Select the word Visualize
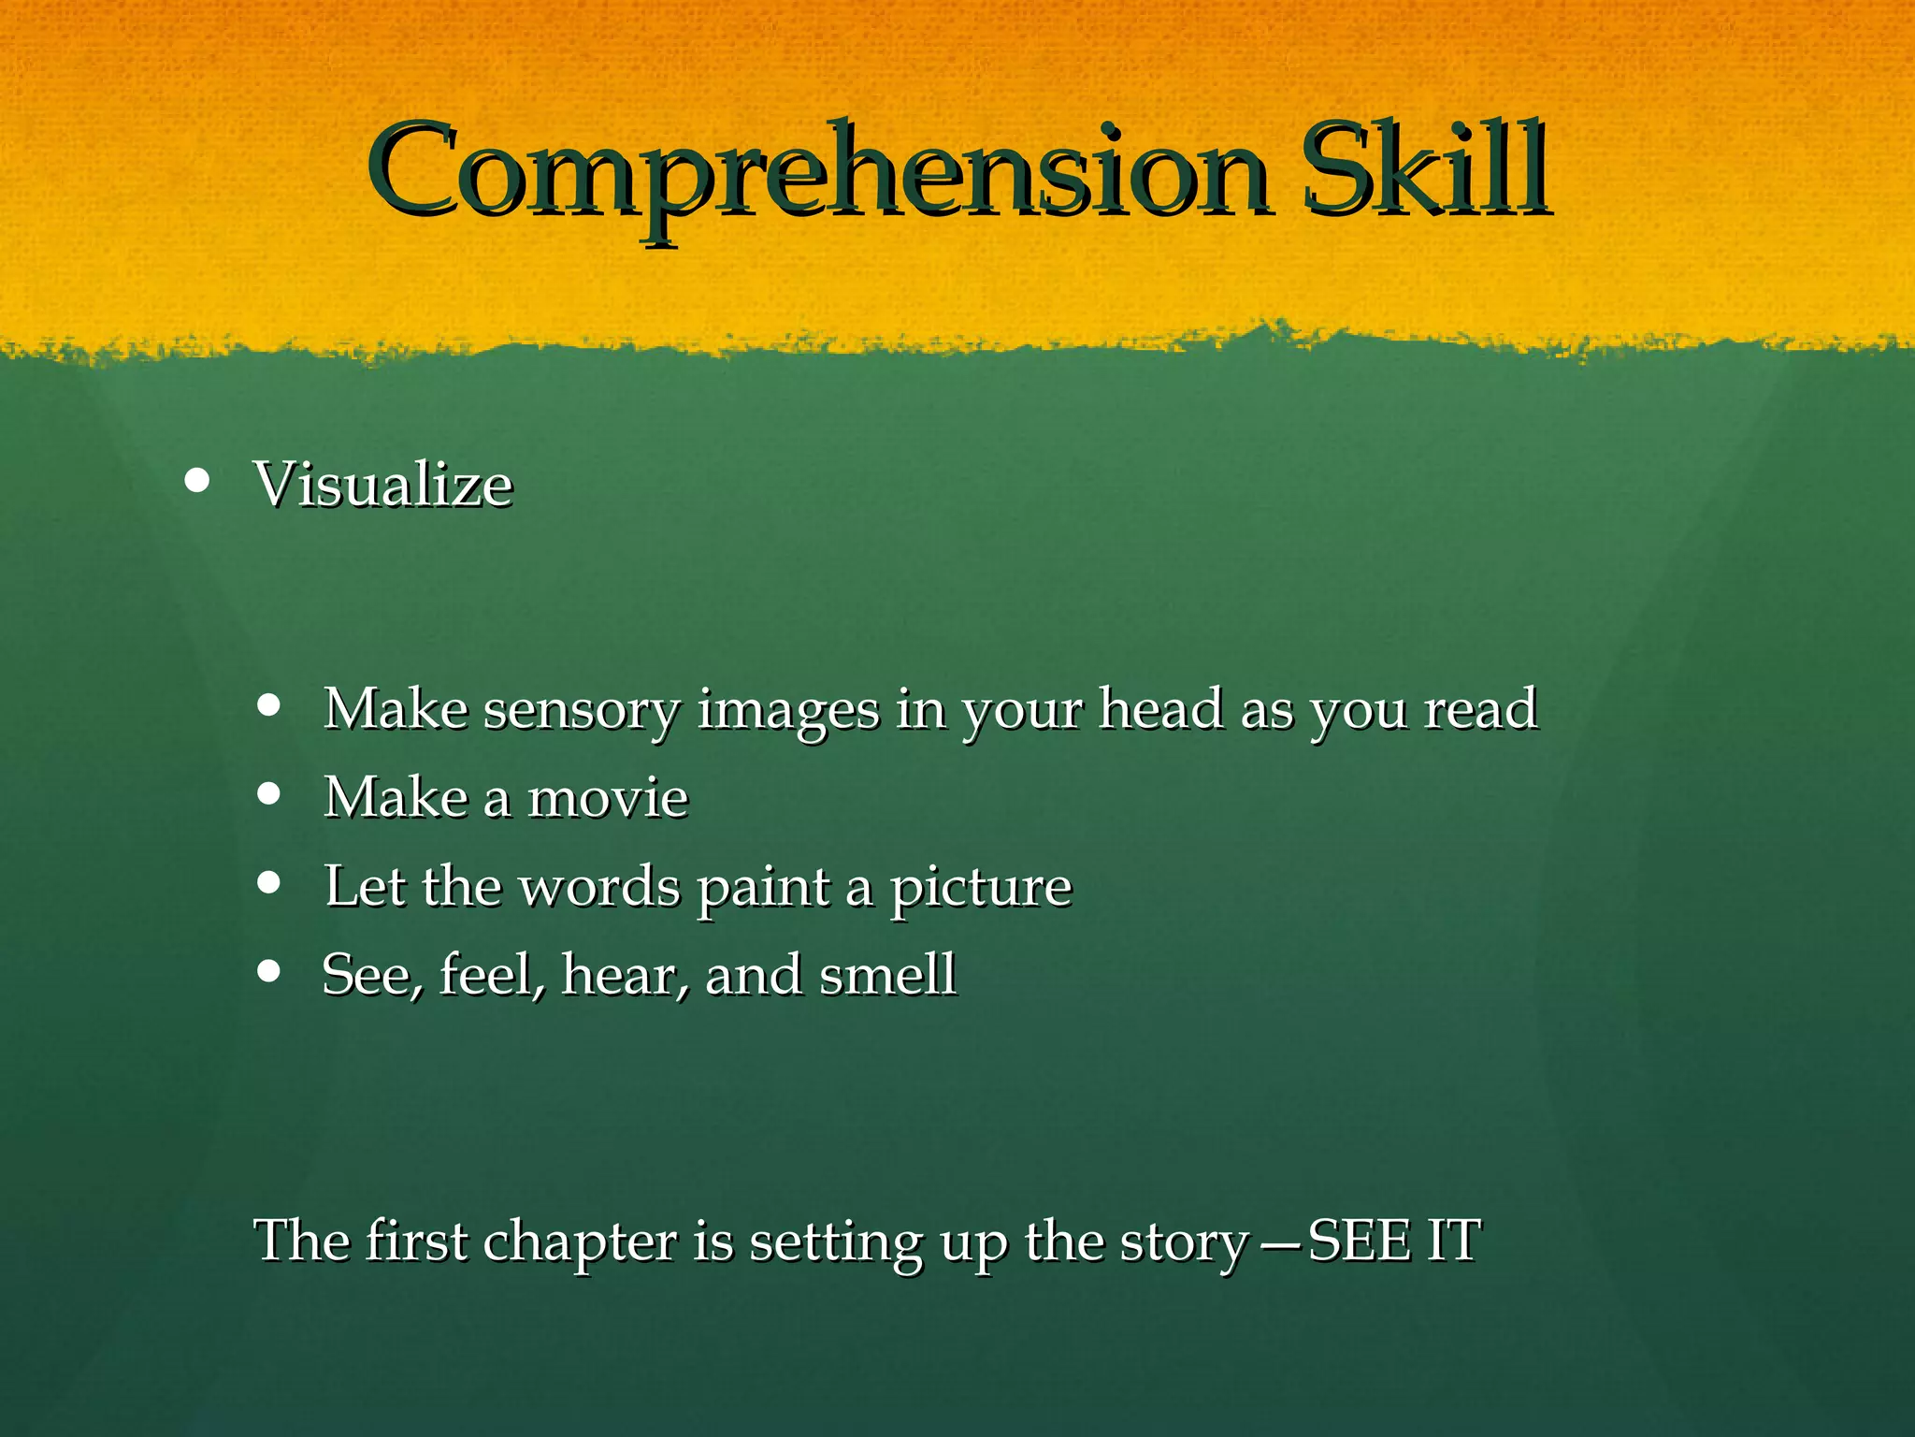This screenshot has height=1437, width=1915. point(383,486)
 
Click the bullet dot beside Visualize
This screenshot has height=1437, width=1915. point(196,481)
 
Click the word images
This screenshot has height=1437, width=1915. point(788,710)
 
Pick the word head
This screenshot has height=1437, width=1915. point(1160,708)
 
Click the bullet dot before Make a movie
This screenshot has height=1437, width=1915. point(268,794)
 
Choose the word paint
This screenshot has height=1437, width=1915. point(764,888)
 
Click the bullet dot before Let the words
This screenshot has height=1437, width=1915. point(268,882)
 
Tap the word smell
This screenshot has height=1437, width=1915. point(887,975)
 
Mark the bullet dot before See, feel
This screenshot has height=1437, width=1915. point(268,971)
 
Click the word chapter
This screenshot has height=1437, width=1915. point(580,1242)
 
